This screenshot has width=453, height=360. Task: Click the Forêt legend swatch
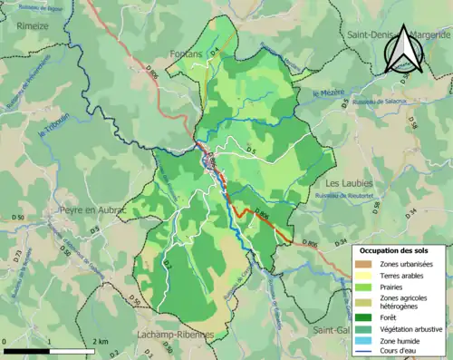coord(366,316)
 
